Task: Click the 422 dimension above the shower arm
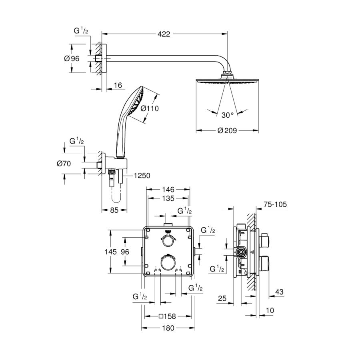tap(164, 34)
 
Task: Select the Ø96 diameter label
tap(72, 58)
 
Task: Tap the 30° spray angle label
tap(228, 115)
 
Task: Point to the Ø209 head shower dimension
tap(227, 131)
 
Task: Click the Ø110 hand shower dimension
tap(150, 108)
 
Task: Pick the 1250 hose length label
tap(142, 176)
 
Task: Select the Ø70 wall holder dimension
tap(64, 164)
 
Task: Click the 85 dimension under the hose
tap(114, 210)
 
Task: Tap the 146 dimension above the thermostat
tap(168, 190)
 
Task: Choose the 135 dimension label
tap(168, 198)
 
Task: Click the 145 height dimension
tap(111, 252)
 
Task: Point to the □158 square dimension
tap(167, 316)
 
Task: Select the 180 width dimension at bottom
tap(168, 328)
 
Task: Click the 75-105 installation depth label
tap(275, 204)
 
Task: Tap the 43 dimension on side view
tap(279, 292)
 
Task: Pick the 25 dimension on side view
tap(222, 298)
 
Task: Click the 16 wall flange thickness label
tap(118, 86)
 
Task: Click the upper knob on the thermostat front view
tap(168, 241)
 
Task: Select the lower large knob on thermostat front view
tap(168, 262)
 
